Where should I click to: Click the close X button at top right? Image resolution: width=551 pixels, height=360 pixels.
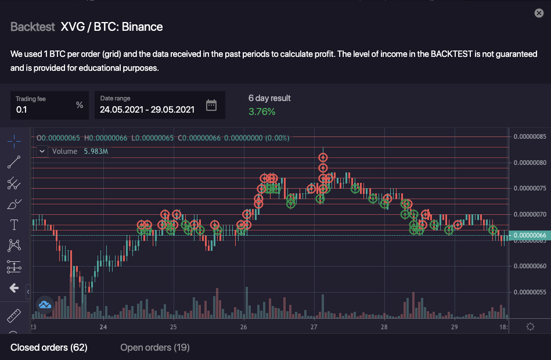pos(538,13)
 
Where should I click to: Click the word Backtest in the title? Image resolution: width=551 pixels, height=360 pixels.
pos(33,27)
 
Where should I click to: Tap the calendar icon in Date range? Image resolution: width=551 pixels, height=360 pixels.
pos(211,105)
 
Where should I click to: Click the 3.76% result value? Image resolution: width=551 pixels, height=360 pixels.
pos(262,111)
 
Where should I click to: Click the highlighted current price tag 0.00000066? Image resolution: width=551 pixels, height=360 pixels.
pos(529,235)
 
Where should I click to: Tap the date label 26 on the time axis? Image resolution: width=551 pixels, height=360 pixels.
pos(244,327)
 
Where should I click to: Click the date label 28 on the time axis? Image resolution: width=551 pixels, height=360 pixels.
pos(384,327)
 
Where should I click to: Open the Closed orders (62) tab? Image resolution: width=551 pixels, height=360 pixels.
pos(49,347)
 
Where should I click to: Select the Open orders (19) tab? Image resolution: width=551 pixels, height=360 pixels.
pos(154,347)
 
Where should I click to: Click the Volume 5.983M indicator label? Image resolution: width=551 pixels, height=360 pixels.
pos(80,152)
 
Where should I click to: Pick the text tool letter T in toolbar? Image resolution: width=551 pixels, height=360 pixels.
pos(15,224)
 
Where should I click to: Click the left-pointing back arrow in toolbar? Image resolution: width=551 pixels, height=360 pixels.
pos(15,288)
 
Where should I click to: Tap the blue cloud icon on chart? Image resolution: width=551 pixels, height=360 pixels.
pos(45,304)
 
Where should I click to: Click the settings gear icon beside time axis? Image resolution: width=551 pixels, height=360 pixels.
pos(530,327)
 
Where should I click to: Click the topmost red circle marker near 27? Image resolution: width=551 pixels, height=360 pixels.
pos(323,157)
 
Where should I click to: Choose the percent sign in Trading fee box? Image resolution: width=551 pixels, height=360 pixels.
pos(80,105)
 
